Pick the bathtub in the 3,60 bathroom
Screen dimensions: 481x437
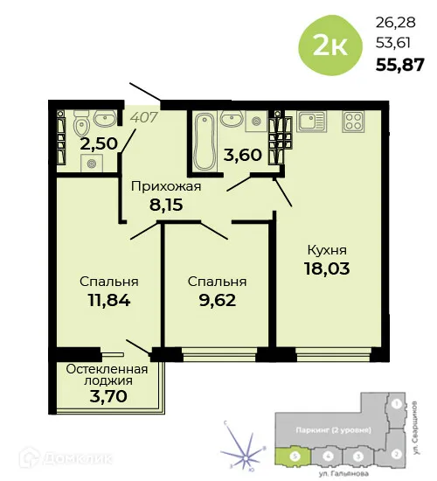[204, 140]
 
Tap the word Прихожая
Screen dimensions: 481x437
[166, 186]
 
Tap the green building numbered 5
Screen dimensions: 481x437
[295, 456]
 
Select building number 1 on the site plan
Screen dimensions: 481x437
[396, 404]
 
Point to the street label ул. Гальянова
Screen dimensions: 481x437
[343, 473]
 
